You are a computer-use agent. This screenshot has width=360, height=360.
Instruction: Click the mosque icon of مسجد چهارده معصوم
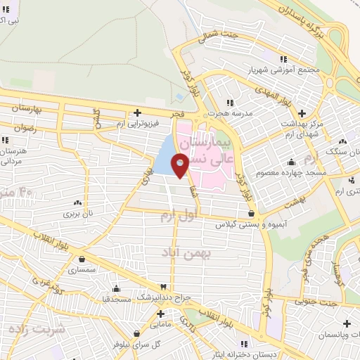click(x=290, y=162)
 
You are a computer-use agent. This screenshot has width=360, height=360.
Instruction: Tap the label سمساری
click(x=82, y=269)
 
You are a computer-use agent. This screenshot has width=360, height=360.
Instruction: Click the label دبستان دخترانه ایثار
click(x=245, y=354)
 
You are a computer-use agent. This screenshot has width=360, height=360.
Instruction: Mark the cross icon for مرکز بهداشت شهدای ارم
click(x=302, y=113)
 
